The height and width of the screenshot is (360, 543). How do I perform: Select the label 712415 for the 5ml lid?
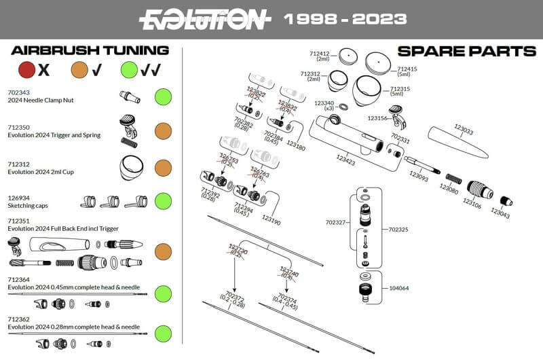point(407,69)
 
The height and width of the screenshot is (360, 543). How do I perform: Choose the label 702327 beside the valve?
point(337,221)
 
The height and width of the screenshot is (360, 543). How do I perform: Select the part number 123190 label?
point(271,221)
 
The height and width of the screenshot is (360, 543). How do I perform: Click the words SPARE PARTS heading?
point(466,52)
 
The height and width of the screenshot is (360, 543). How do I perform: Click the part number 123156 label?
point(377,118)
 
